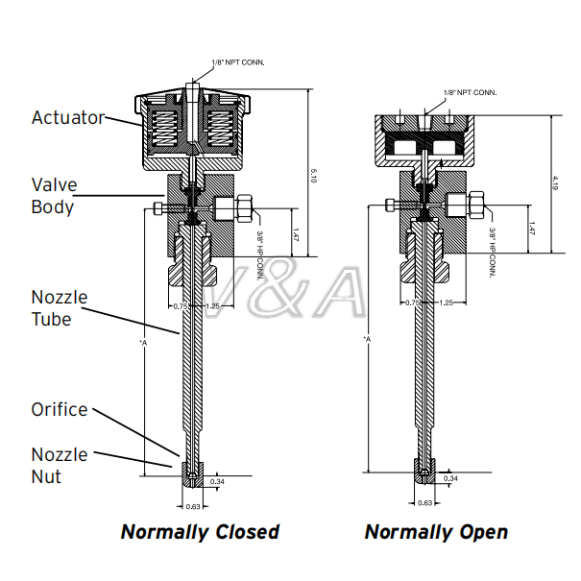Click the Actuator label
click(x=68, y=118)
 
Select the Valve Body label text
click(x=54, y=196)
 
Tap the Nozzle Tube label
click(x=60, y=308)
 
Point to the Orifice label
click(x=60, y=409)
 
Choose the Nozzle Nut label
click(x=60, y=466)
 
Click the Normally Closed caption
click(x=200, y=532)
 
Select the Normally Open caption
click(x=436, y=532)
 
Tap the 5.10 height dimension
click(x=313, y=176)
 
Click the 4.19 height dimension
click(x=555, y=183)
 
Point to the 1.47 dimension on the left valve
click(x=296, y=235)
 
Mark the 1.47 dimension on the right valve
click(x=532, y=229)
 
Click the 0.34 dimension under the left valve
click(x=217, y=482)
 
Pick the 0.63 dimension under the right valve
click(x=425, y=503)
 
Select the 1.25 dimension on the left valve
click(x=212, y=306)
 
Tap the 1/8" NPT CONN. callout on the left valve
click(x=238, y=62)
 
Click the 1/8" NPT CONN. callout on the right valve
click(x=471, y=92)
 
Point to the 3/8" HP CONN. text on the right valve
click(x=493, y=253)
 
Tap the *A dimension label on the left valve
click(x=143, y=343)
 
